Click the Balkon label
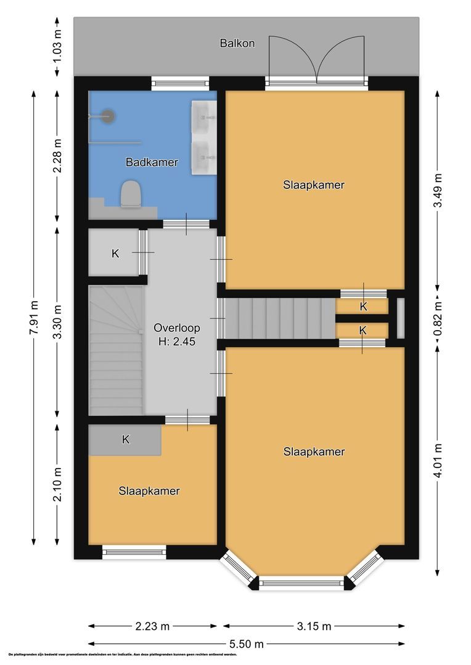(237, 43)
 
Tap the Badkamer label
(152, 163)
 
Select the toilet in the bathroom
(130, 194)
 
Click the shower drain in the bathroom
(108, 115)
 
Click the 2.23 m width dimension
(152, 627)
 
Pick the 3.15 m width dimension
(314, 627)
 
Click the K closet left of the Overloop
(115, 253)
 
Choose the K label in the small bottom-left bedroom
(125, 440)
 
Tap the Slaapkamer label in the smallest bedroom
(149, 491)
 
